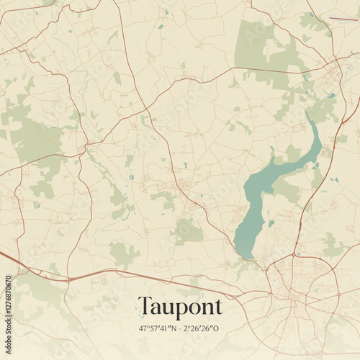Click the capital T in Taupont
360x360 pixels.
coord(145,305)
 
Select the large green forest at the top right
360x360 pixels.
coord(259,47)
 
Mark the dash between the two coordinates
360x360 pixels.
coord(181,328)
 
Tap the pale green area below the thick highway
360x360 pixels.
coord(43,292)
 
